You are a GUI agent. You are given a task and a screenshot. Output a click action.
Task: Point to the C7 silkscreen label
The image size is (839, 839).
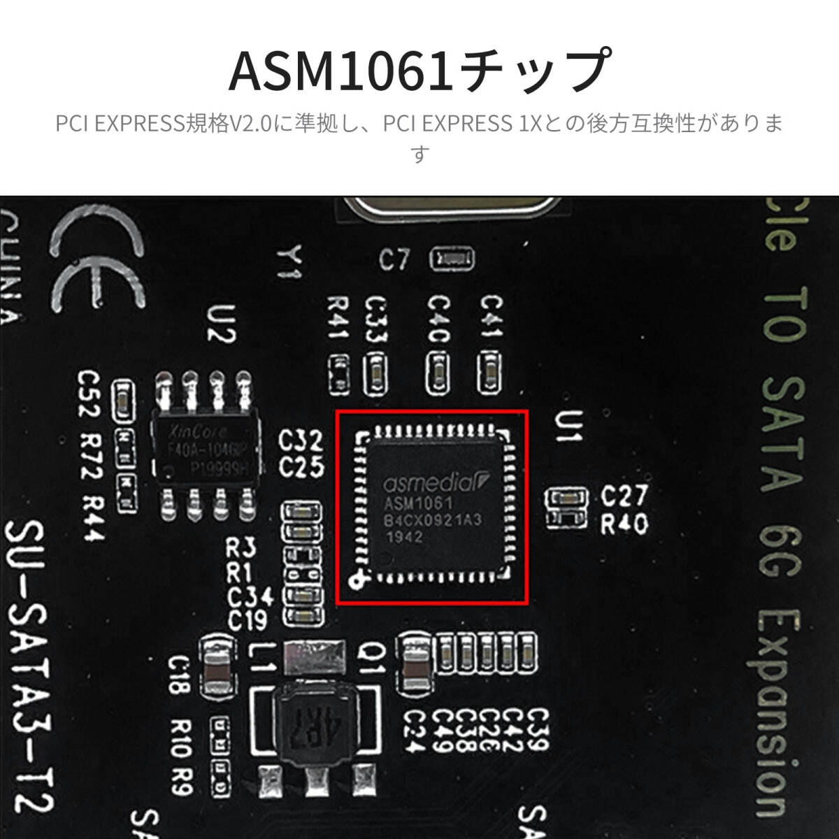click(394, 261)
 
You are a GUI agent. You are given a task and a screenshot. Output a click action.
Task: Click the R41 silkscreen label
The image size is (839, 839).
click(339, 318)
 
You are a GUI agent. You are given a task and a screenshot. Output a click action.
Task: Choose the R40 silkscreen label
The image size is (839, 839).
click(624, 524)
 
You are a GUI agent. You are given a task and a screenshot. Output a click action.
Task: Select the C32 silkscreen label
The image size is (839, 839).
click(301, 440)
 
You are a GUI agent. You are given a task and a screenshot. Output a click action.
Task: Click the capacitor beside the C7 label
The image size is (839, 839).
click(452, 259)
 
